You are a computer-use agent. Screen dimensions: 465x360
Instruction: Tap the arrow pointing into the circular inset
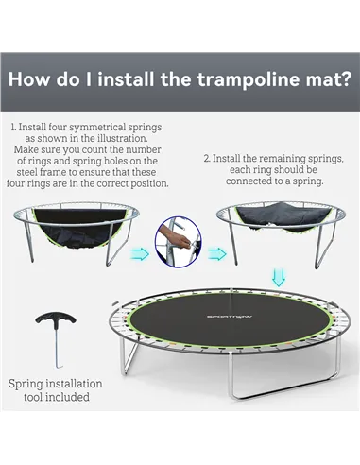pyautogui.click(x=140, y=254)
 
